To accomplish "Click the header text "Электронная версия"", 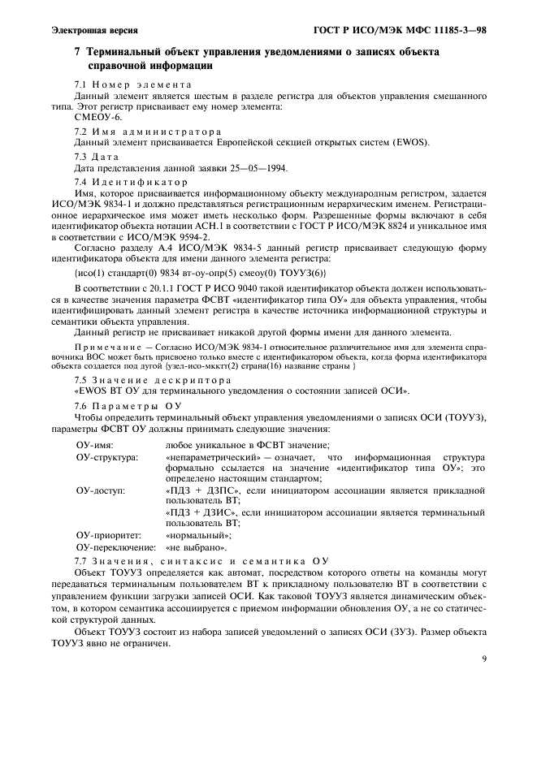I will [89, 30].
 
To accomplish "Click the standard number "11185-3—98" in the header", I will [456, 30].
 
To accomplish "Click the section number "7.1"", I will [80, 84].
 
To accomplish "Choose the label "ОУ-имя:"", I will [93, 445].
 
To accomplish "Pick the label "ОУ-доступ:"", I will [100, 492].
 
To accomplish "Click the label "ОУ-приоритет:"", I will [108, 536].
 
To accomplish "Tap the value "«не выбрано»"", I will [195, 548].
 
